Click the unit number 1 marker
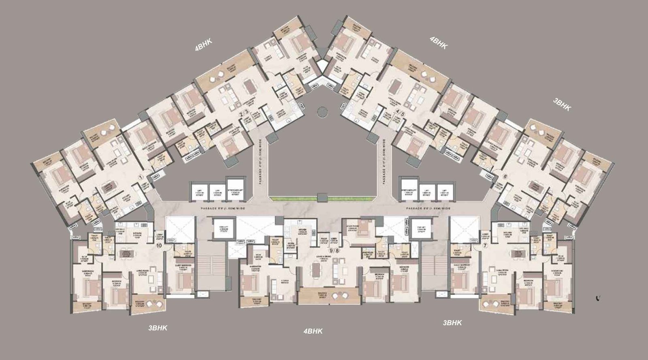pyautogui.click(x=141, y=177)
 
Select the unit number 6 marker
pyautogui.click(x=505, y=177)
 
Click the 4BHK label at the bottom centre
pyautogui.click(x=313, y=331)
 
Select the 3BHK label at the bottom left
pyautogui.click(x=158, y=328)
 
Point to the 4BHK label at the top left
pyautogui.click(x=204, y=45)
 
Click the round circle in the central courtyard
pyautogui.click(x=323, y=111)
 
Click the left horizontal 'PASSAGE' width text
pyautogui.click(x=223, y=208)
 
